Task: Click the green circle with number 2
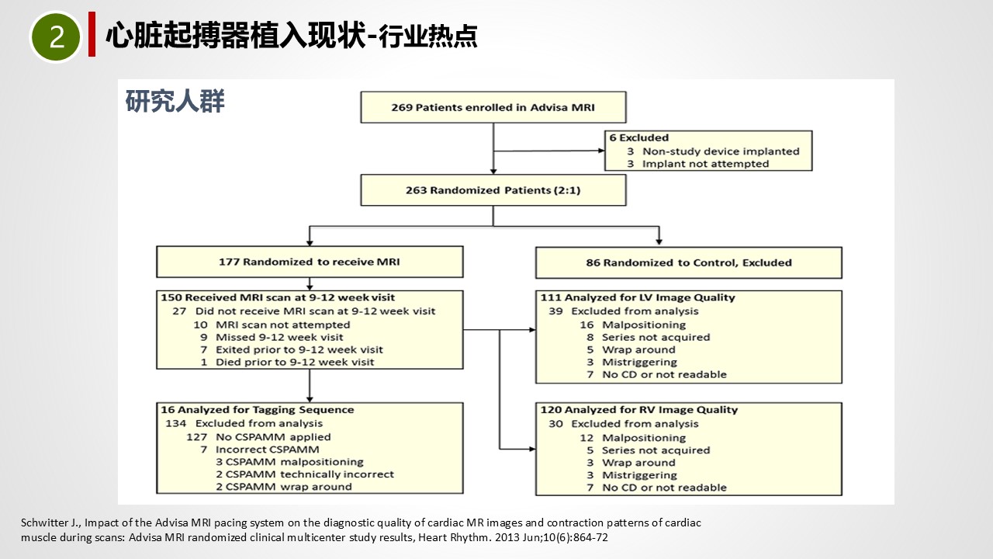(x=56, y=36)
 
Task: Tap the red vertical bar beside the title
(x=92, y=34)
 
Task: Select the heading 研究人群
(x=175, y=101)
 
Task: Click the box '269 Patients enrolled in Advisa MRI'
(x=493, y=107)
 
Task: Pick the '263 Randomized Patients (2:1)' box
(x=493, y=190)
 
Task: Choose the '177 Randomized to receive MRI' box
(x=310, y=262)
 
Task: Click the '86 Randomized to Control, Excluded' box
(x=689, y=262)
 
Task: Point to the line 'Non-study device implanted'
(x=721, y=151)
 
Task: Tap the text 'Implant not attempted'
(x=706, y=164)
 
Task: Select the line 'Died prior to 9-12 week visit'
(x=295, y=362)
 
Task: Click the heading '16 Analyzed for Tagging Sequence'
(x=258, y=409)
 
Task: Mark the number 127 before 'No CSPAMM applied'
(x=197, y=437)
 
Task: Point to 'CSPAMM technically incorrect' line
(x=305, y=474)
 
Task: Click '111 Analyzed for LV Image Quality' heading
(x=638, y=297)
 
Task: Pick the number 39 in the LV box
(x=556, y=311)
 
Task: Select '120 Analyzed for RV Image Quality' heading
(x=639, y=409)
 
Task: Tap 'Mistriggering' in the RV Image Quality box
(x=639, y=475)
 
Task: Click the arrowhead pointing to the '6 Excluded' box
(x=601, y=151)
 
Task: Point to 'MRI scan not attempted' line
(x=283, y=325)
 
